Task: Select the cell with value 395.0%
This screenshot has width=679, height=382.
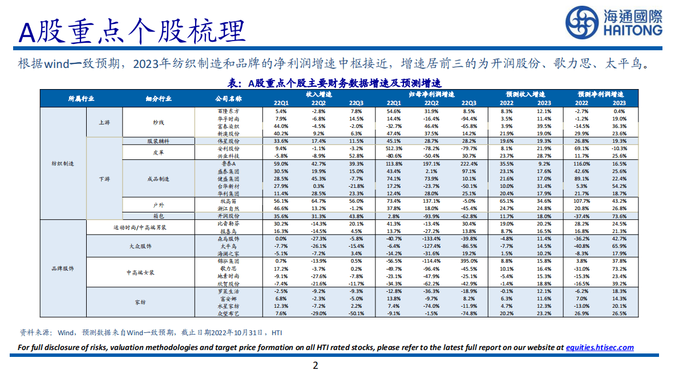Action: tap(469, 260)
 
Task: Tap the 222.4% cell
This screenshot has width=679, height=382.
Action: tap(469, 163)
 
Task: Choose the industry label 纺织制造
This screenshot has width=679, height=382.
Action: tap(63, 163)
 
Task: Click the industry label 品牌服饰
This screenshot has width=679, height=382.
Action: tap(63, 267)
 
